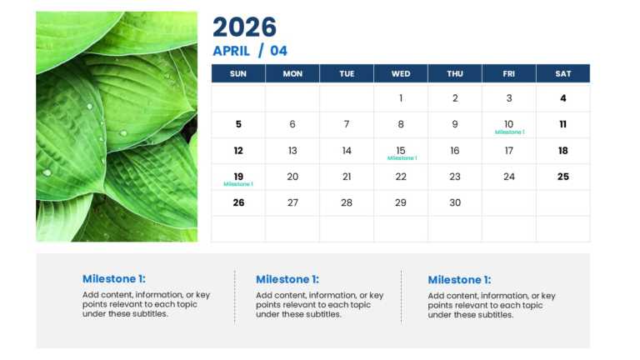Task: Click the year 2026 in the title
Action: (244, 27)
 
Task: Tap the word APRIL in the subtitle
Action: (231, 51)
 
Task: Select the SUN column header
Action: (238, 73)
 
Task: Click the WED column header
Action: (401, 73)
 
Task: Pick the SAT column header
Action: (563, 73)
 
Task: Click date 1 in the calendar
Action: (401, 98)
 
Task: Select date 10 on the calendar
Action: (509, 124)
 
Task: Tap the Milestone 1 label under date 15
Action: (402, 158)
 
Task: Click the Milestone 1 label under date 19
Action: (238, 184)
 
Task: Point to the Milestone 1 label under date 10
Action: (509, 132)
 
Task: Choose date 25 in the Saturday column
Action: (563, 177)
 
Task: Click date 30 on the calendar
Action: (455, 202)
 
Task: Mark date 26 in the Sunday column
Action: (238, 202)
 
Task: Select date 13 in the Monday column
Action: (292, 151)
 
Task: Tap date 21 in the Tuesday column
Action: (347, 177)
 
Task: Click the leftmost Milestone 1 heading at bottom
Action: (113, 280)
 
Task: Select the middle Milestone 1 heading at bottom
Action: (287, 280)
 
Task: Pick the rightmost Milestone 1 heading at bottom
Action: (459, 280)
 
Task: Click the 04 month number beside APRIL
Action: (278, 51)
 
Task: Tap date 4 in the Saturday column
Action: (563, 98)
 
